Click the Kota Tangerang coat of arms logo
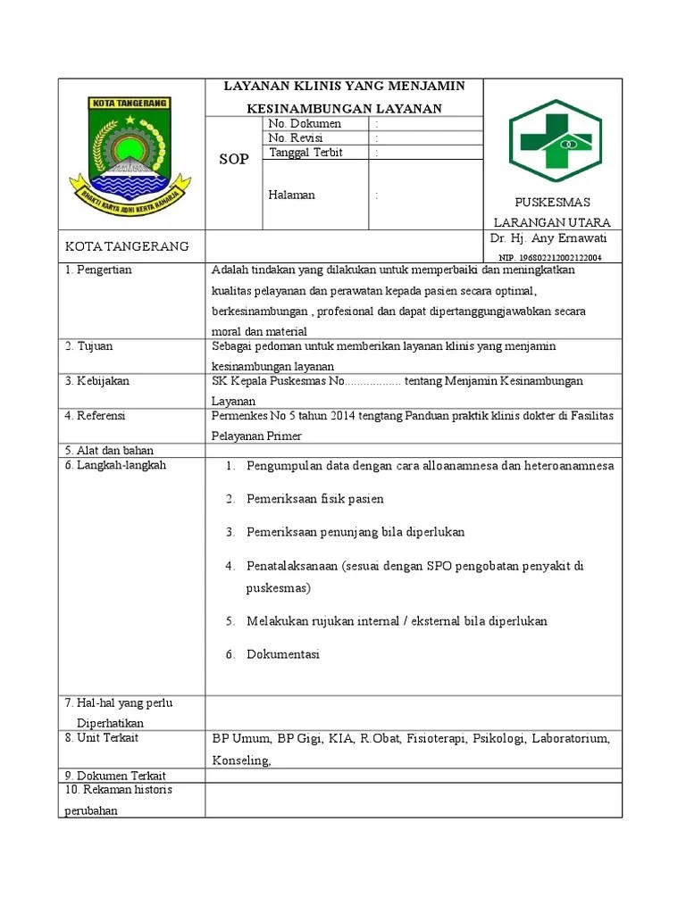131,153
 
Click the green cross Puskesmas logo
555,140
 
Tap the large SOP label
234,160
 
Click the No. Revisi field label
296,138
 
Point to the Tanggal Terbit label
305,153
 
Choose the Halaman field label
291,195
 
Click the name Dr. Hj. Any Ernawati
548,238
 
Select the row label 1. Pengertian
98,270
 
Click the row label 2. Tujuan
89,345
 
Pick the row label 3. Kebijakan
96,381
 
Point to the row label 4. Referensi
95,416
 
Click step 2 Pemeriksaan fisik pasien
315,499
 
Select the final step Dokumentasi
283,654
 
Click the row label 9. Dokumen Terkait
115,776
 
